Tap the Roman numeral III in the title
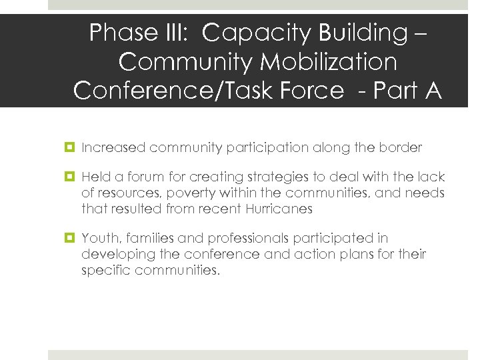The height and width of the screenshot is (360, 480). point(175,32)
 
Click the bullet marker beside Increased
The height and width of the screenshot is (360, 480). point(70,148)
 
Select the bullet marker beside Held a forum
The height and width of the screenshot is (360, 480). point(70,177)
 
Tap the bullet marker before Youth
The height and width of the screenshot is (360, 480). point(70,239)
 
